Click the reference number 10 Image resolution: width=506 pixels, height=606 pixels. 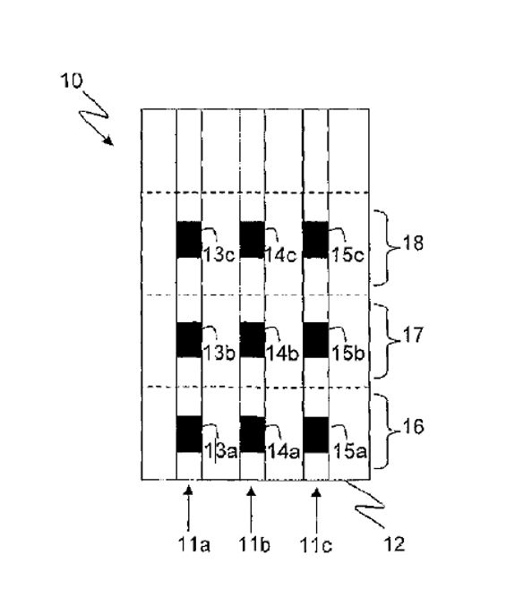click(x=72, y=81)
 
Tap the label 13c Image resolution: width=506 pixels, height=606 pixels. click(x=219, y=255)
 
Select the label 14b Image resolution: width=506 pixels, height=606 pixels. click(x=283, y=354)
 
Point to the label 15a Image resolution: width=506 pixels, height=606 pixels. click(x=349, y=451)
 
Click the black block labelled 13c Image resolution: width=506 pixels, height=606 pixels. click(x=189, y=240)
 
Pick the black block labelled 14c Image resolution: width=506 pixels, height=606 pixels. click(x=253, y=240)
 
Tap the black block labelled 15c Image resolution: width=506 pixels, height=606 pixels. click(x=315, y=240)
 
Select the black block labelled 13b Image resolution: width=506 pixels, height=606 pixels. click(x=189, y=340)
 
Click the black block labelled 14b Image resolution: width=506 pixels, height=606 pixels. click(x=253, y=340)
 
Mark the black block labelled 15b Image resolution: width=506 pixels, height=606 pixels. click(x=315, y=340)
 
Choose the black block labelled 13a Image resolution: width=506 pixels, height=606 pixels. click(x=189, y=434)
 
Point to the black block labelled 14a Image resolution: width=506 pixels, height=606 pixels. click(x=253, y=434)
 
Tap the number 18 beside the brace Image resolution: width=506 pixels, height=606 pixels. click(x=413, y=243)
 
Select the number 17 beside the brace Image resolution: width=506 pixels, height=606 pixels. click(x=413, y=335)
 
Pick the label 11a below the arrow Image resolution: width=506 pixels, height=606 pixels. click(x=194, y=545)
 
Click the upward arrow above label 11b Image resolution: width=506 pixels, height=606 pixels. click(x=252, y=509)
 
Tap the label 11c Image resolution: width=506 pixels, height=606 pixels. click(x=316, y=545)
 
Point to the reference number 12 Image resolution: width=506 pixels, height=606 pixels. click(x=394, y=543)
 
